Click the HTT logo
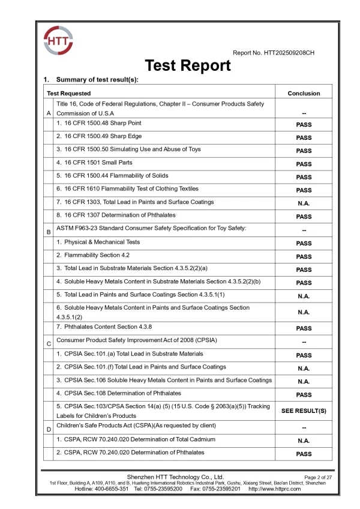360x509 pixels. pos(58,41)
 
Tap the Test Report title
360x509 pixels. pos(188,65)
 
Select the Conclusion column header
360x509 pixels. pos(304,94)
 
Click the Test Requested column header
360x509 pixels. pos(69,94)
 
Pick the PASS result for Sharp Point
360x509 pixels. pos(304,125)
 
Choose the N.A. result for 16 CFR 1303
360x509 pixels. pos(304,203)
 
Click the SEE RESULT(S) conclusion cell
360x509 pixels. pos(304,411)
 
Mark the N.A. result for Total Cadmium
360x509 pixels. pos(304,441)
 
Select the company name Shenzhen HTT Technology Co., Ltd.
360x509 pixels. pos(179,477)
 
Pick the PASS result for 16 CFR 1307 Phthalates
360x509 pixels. pos(304,217)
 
